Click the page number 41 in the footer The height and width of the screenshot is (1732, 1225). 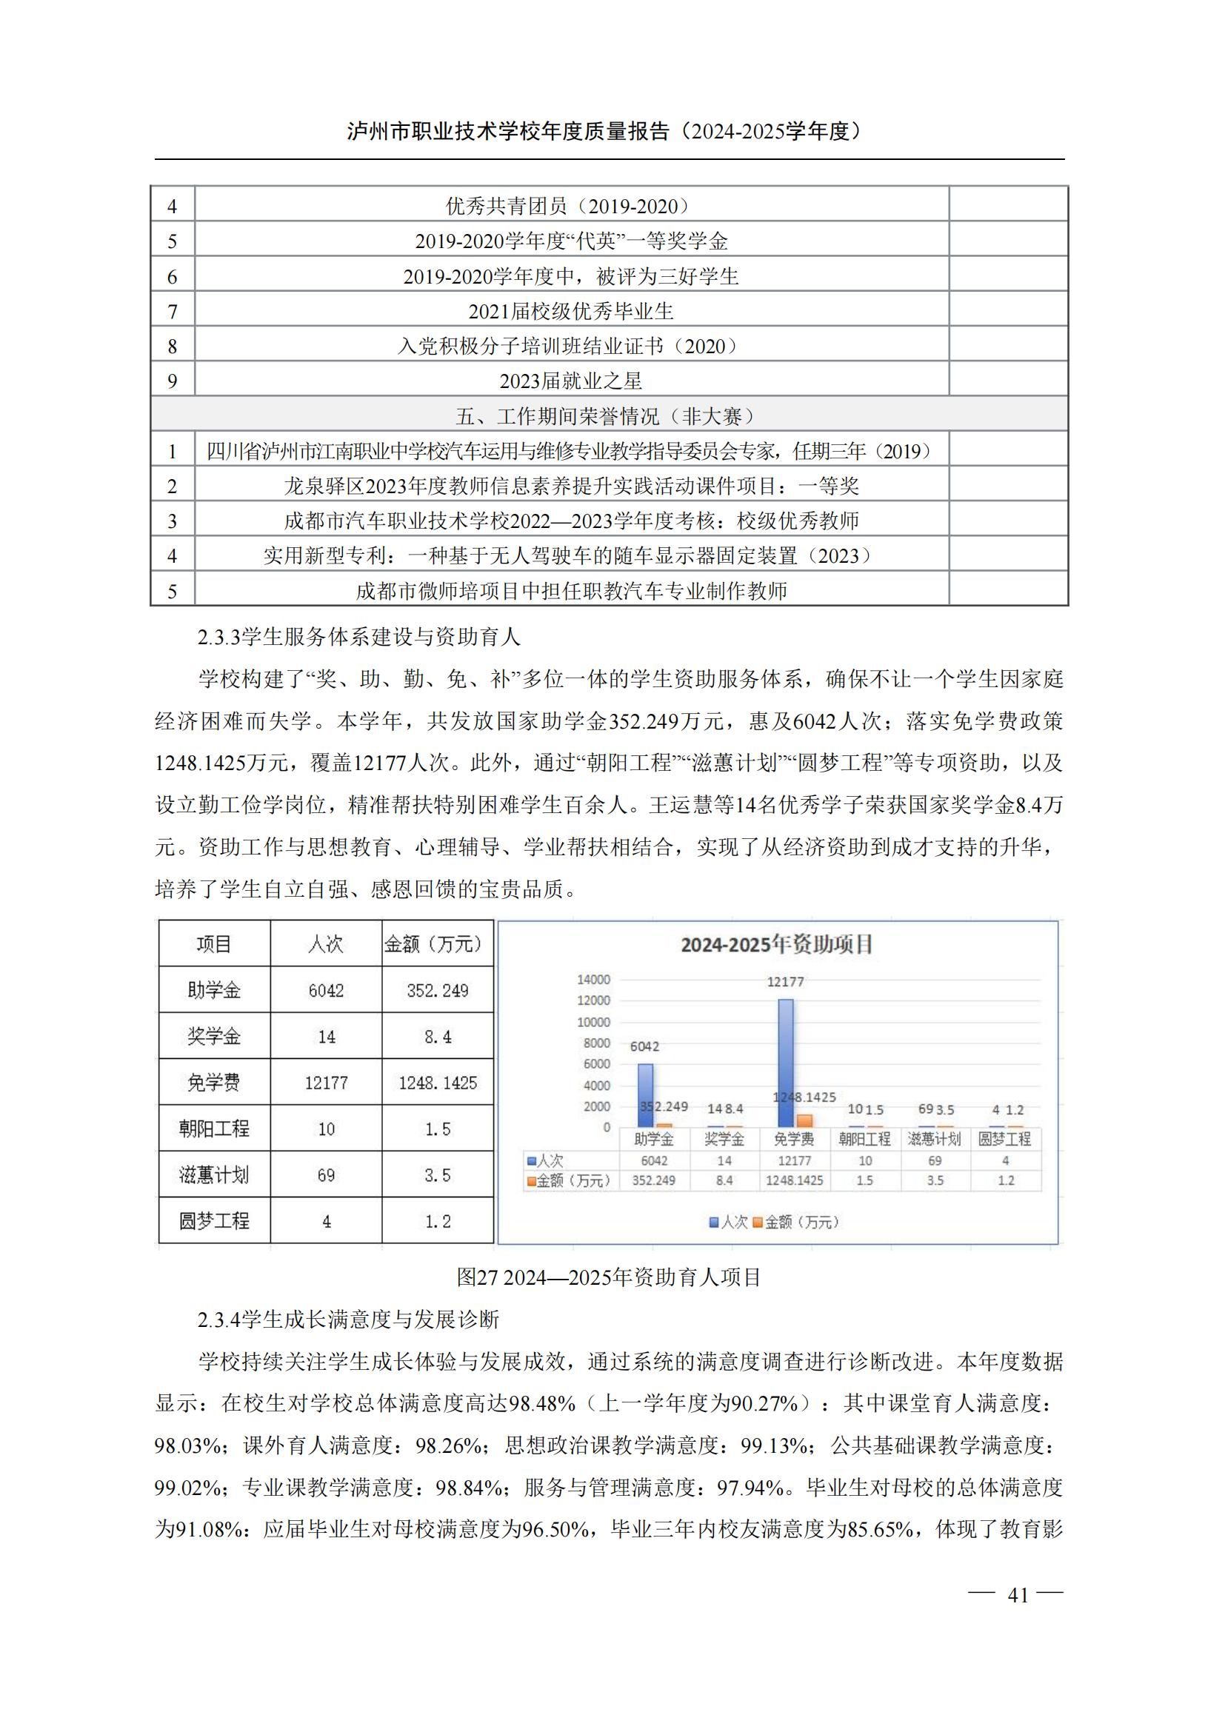[x=1018, y=1594]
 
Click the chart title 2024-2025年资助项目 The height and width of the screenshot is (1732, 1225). [x=776, y=944]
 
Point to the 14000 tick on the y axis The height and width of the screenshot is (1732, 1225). [x=593, y=979]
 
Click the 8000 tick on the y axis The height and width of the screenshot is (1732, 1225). [x=596, y=1043]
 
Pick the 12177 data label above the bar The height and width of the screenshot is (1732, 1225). [x=785, y=981]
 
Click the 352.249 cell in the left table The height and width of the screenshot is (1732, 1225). [x=438, y=991]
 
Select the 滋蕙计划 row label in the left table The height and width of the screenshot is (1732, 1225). [x=214, y=1174]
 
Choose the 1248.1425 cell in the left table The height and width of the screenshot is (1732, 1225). [x=438, y=1083]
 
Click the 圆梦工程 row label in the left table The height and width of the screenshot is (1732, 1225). [x=214, y=1220]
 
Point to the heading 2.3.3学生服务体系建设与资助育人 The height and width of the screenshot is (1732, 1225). [x=359, y=638]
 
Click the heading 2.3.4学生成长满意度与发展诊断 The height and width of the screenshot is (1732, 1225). [x=349, y=1320]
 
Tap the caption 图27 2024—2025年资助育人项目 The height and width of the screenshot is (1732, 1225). [x=609, y=1277]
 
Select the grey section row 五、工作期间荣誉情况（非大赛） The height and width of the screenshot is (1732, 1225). [x=609, y=415]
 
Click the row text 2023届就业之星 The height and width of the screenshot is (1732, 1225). [x=571, y=381]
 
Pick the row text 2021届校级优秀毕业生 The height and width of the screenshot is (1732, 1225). [x=571, y=311]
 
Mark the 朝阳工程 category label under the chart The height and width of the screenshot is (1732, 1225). [x=864, y=1139]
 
